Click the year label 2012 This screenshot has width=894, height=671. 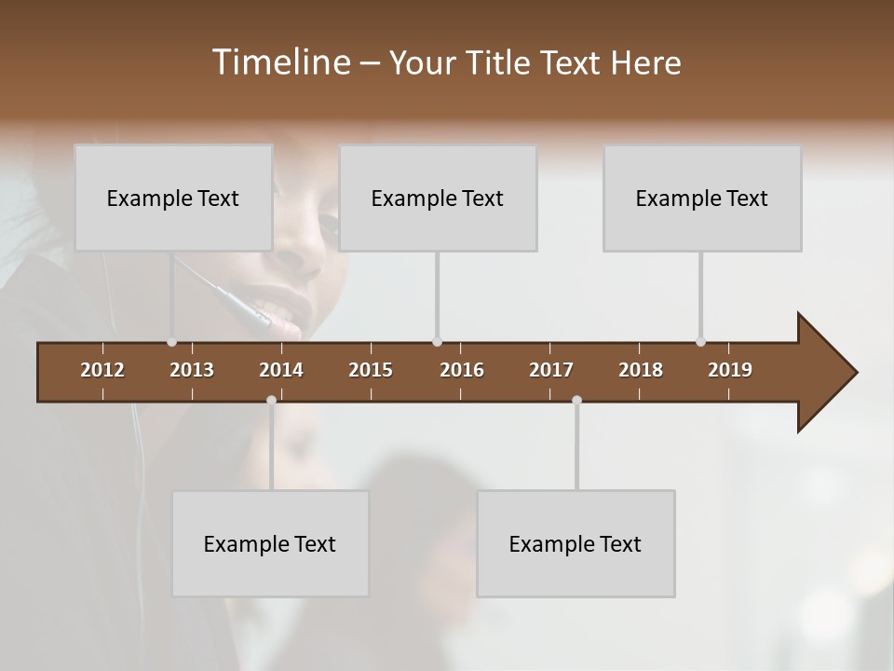click(x=102, y=370)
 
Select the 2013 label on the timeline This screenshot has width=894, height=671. click(x=192, y=370)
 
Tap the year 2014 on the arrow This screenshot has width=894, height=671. click(x=281, y=370)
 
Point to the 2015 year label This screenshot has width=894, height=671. click(x=371, y=370)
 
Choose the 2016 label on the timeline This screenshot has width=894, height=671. click(x=462, y=370)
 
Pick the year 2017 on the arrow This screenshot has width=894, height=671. click(x=551, y=370)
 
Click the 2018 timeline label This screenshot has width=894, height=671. click(x=641, y=370)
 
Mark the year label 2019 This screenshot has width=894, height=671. click(x=730, y=370)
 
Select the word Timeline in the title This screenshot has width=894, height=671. click(x=280, y=62)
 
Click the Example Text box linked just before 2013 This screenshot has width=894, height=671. click(x=173, y=198)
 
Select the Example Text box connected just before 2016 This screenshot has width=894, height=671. click(x=438, y=198)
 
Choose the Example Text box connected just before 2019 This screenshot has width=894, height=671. click(x=702, y=198)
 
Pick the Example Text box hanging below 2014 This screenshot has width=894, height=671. click(x=270, y=543)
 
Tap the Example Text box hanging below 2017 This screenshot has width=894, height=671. click(x=576, y=543)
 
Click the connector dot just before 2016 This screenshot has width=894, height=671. click(x=438, y=342)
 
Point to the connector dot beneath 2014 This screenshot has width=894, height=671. click(x=271, y=400)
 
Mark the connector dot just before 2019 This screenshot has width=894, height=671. click(x=700, y=342)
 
